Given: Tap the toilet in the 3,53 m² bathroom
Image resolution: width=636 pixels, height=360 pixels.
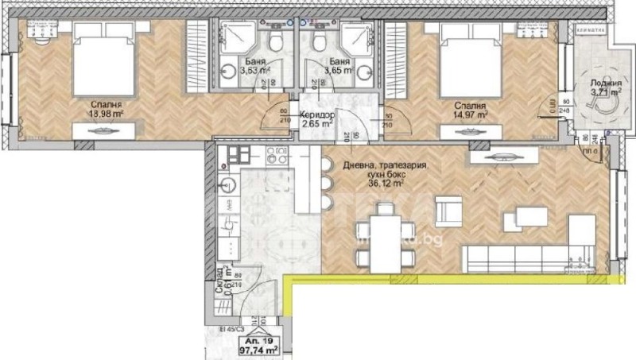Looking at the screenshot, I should (275, 41).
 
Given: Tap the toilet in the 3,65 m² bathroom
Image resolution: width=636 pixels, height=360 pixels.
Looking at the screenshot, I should (319, 41).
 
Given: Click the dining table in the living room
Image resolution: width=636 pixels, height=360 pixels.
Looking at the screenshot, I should (385, 235).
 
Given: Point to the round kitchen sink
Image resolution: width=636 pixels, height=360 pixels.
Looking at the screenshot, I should (226, 188).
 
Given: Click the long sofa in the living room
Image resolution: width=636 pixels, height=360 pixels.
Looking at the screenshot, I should (516, 257).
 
